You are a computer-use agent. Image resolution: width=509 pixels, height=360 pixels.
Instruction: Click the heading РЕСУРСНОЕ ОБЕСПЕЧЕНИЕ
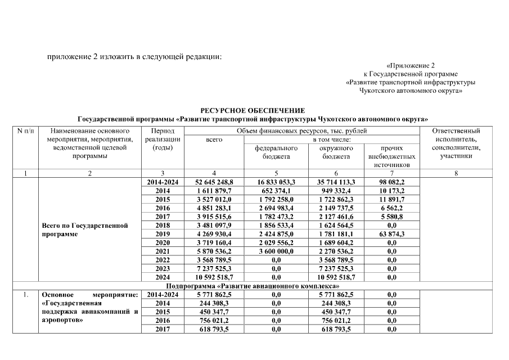tap(253, 111)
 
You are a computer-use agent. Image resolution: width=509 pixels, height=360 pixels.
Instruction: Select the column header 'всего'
tap(214, 139)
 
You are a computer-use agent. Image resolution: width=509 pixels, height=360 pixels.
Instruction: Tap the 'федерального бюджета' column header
tap(276, 152)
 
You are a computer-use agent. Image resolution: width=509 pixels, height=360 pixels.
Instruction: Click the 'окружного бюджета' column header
tap(336, 152)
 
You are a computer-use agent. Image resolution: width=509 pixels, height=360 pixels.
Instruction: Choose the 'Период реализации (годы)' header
tap(163, 139)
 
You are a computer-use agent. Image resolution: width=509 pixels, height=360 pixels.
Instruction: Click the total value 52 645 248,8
tap(214, 182)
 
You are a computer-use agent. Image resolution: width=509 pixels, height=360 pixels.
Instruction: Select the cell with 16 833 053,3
tap(276, 182)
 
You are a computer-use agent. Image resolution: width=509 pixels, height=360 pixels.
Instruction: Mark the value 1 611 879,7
tap(214, 191)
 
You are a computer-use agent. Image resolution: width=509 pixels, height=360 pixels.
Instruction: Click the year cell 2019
tap(163, 234)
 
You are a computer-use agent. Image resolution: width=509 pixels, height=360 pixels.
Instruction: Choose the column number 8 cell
tap(456, 174)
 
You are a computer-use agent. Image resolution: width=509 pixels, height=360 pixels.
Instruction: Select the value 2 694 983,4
tap(276, 208)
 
